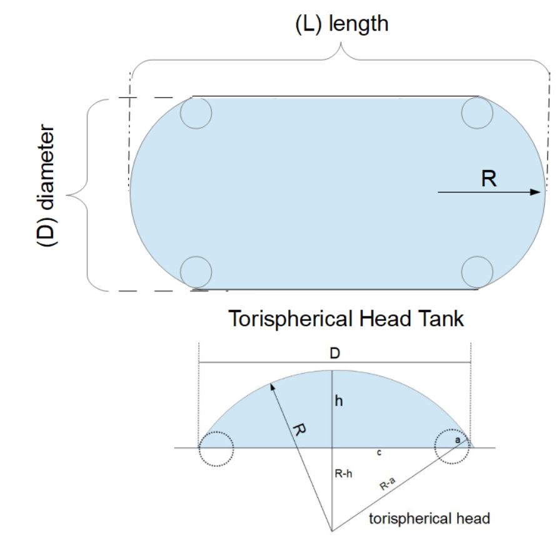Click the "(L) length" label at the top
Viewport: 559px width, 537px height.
(341, 24)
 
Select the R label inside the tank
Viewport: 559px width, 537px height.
(490, 179)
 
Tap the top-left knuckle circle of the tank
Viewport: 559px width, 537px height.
(196, 113)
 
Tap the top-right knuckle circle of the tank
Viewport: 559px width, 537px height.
(477, 113)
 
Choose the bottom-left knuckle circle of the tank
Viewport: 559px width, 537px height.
(196, 272)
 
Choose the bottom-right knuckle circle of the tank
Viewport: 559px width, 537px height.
(477, 272)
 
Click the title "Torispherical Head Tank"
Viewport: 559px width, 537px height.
(346, 319)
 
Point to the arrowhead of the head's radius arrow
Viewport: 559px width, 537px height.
(272, 384)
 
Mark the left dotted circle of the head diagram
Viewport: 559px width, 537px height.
(216, 448)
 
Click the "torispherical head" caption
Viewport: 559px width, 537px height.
(429, 518)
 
